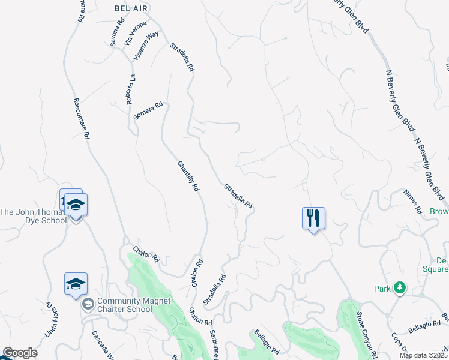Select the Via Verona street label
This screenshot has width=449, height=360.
coord(135,34)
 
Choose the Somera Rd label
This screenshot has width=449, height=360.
coord(148,111)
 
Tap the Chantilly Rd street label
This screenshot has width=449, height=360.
coord(188,176)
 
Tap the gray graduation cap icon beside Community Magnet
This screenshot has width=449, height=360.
coord(88,305)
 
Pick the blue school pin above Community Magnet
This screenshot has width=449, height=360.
coord(76,284)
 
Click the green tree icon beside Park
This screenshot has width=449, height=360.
coord(399,289)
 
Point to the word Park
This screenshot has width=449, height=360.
coord(382,289)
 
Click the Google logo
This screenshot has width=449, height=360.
coord(19,353)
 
